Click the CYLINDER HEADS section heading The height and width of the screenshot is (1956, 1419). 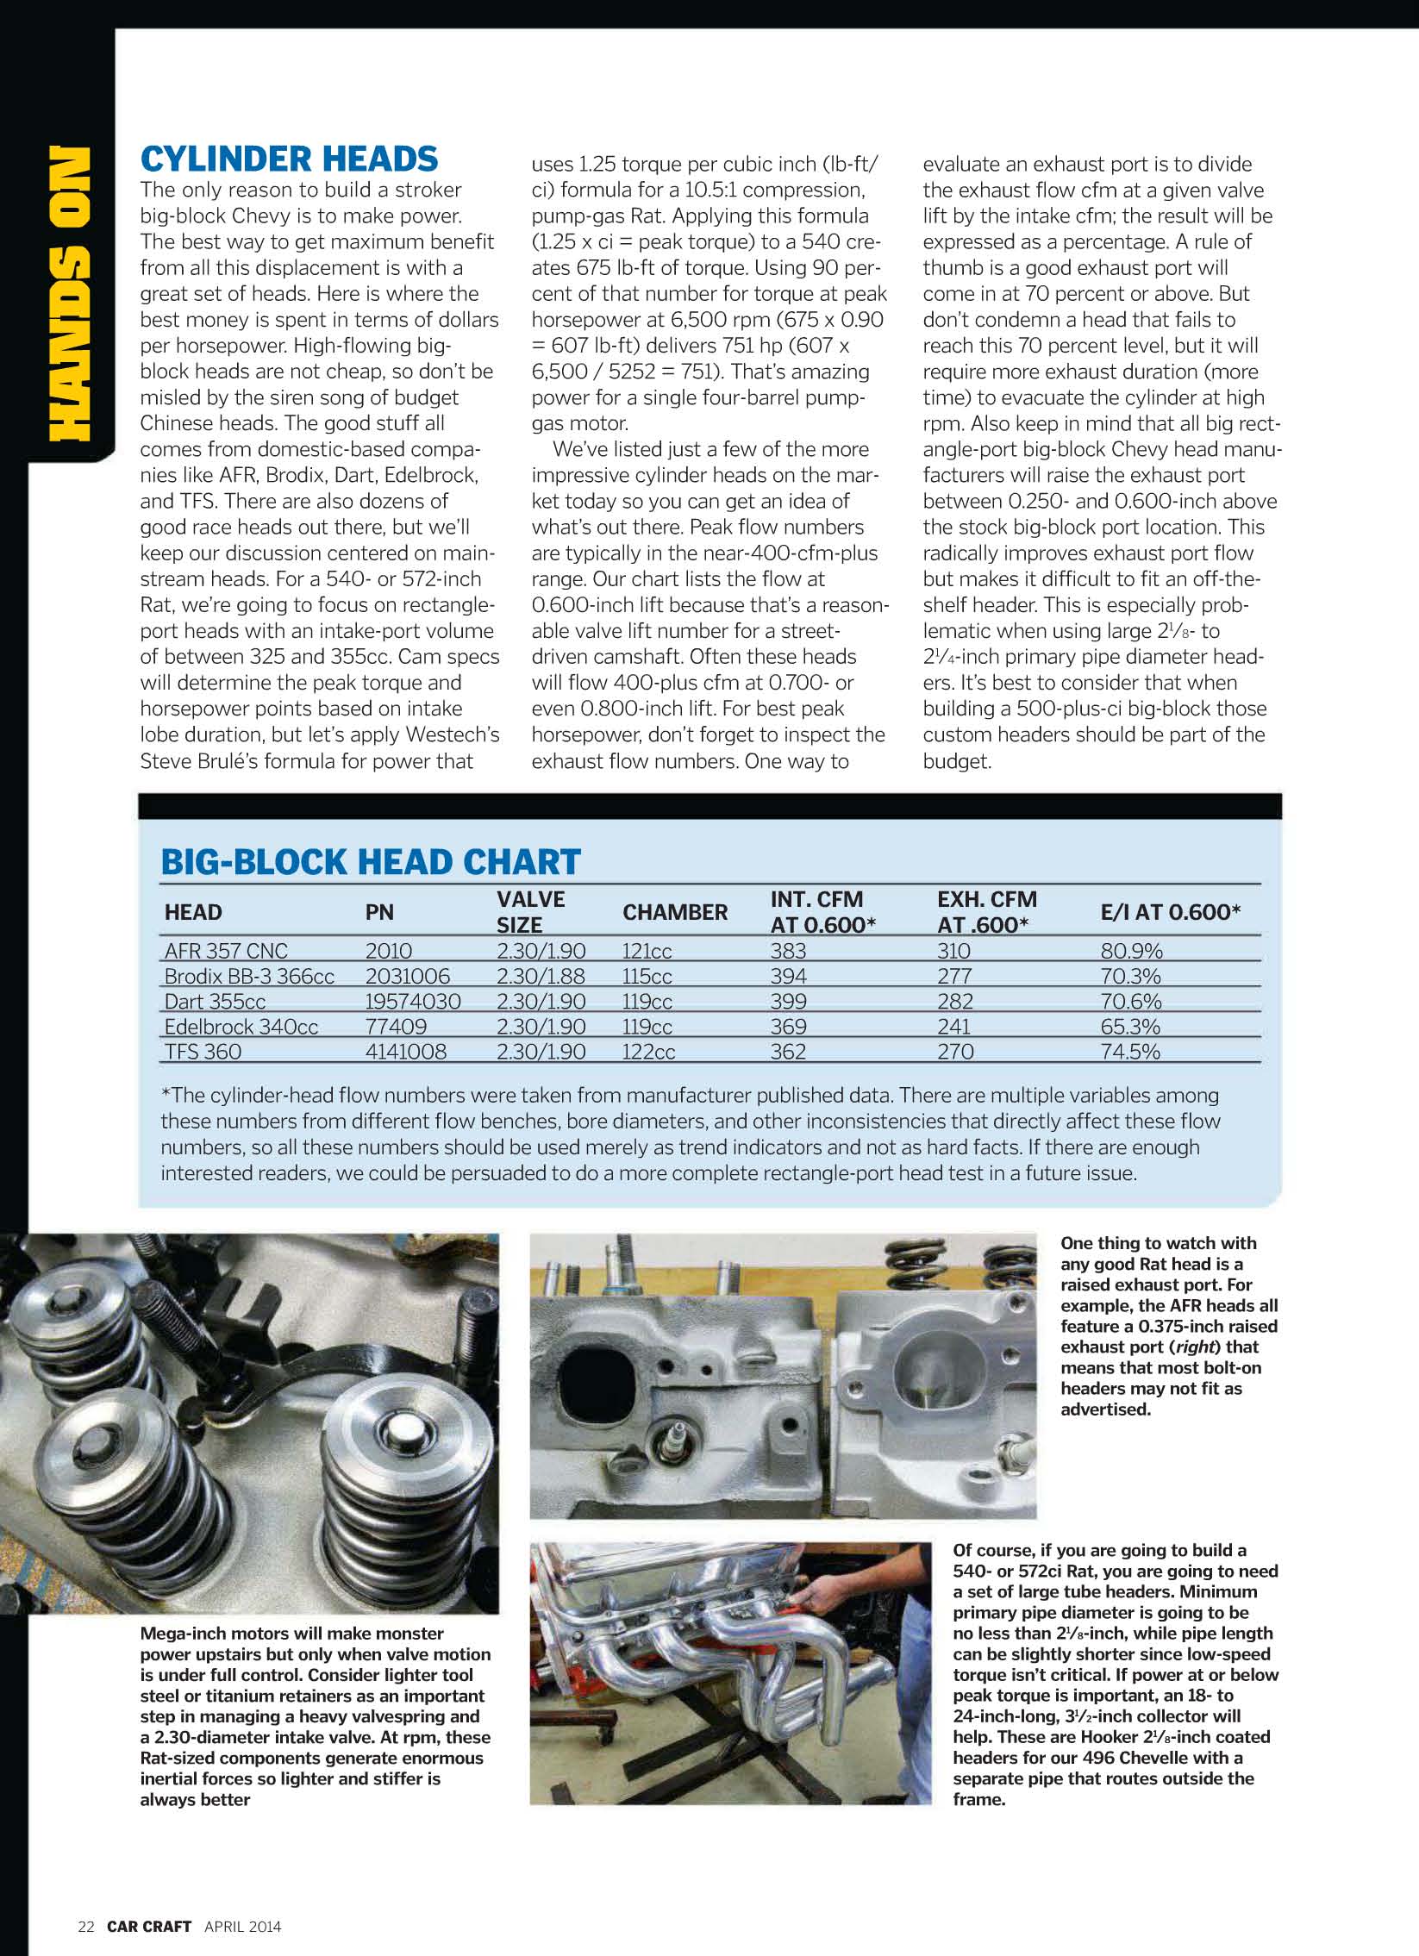(x=289, y=159)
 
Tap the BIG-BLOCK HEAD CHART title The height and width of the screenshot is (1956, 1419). (x=371, y=861)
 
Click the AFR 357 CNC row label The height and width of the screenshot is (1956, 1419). (x=226, y=951)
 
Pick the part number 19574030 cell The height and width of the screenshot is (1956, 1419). (x=412, y=1002)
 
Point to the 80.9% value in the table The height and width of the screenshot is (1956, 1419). (x=1131, y=951)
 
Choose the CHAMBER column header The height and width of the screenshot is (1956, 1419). (x=674, y=912)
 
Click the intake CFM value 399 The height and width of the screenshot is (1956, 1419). (x=789, y=1002)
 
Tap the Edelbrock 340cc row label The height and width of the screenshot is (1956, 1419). (x=241, y=1027)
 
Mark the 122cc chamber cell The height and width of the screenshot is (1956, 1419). (x=647, y=1052)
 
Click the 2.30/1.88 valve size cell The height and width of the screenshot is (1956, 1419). (x=540, y=976)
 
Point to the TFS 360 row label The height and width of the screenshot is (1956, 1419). (x=203, y=1052)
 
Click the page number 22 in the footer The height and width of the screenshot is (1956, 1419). (x=85, y=1927)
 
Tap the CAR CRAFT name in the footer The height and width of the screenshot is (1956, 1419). (x=148, y=1927)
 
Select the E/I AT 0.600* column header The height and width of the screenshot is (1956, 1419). (x=1170, y=912)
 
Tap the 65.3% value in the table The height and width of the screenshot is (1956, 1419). (x=1130, y=1027)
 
